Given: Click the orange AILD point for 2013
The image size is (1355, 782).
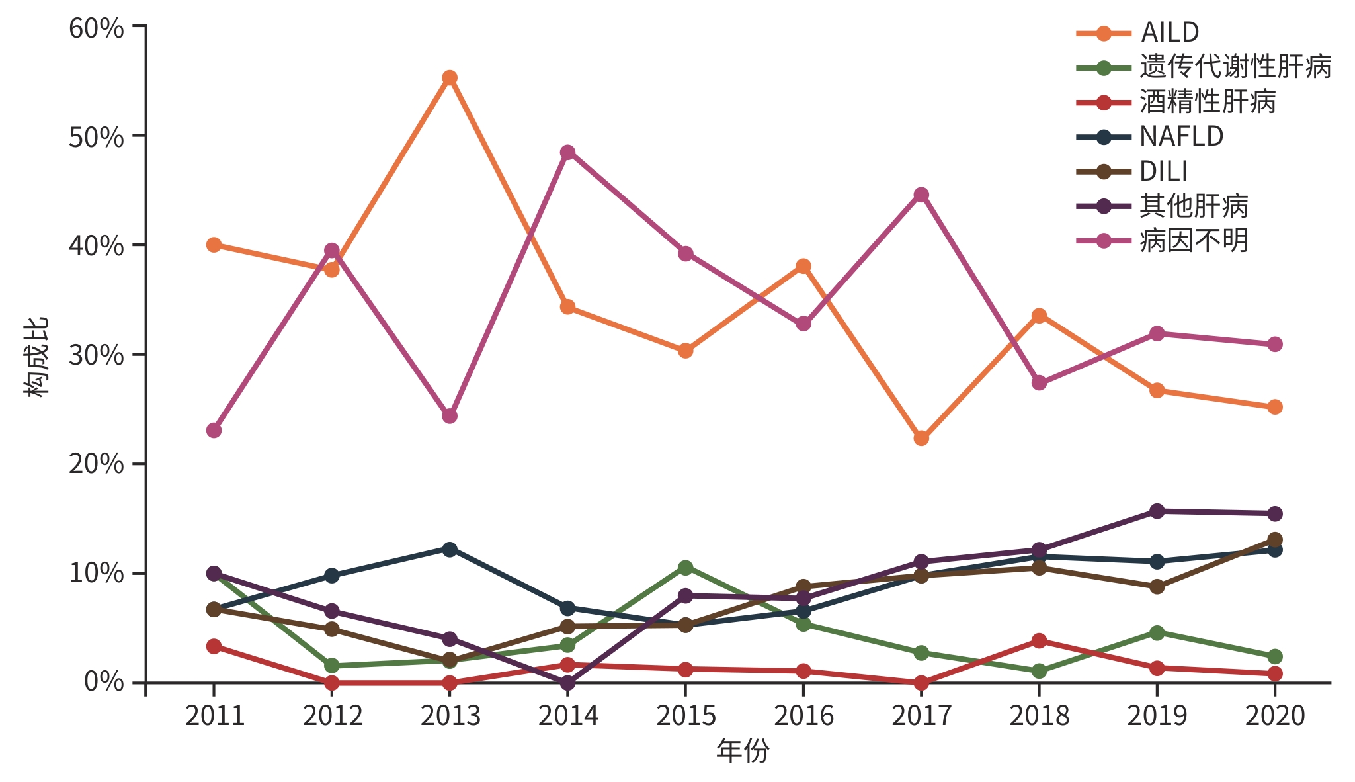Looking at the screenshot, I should tap(450, 78).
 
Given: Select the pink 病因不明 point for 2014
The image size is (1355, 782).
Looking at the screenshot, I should tap(567, 152).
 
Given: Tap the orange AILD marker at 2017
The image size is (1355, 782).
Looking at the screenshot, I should tap(921, 438).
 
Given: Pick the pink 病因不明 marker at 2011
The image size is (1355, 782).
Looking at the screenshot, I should tap(214, 430).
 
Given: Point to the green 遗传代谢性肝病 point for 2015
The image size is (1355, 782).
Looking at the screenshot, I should tap(685, 568).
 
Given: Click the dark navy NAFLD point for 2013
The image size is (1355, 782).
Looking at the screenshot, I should tap(450, 549).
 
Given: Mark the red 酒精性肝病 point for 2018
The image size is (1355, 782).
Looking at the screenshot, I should tap(1039, 640).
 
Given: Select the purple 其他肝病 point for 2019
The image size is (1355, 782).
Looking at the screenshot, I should tap(1157, 511).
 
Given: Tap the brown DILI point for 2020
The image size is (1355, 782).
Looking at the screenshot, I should tap(1275, 539).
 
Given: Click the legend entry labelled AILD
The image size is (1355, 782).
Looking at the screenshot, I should tap(1169, 32).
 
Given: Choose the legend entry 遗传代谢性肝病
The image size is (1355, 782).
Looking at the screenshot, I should tap(1235, 67).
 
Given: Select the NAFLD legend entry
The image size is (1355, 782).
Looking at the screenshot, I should tap(1181, 136).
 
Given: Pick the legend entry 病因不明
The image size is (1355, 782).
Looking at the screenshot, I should tap(1194, 241).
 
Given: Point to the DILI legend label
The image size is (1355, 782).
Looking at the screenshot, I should tap(1163, 171).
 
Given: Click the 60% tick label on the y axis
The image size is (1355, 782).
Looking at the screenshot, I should tap(97, 28).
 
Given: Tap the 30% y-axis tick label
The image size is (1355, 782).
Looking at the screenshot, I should tap(97, 355).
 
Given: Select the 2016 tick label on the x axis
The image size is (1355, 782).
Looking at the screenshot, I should tap(803, 716).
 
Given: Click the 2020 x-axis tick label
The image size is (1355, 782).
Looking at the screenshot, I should tap(1275, 716).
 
